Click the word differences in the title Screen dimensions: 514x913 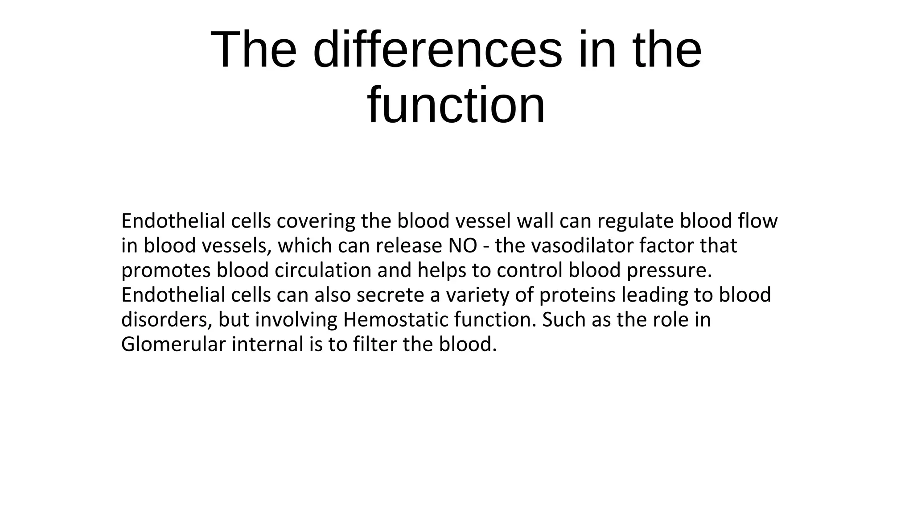coord(437,50)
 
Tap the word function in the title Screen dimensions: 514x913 coord(456,105)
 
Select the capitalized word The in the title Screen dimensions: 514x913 coord(253,50)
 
